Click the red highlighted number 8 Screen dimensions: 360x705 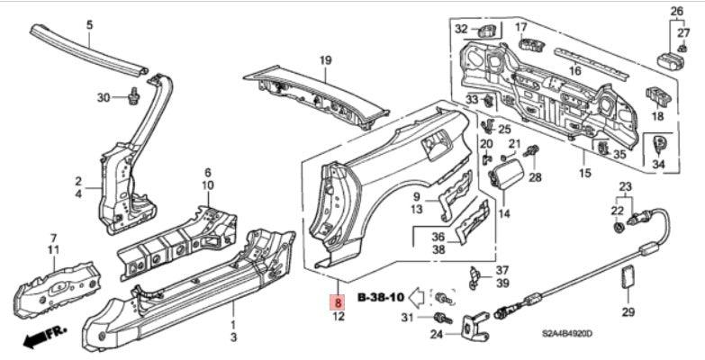337,302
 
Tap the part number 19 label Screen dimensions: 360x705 325,60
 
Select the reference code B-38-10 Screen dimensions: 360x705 381,296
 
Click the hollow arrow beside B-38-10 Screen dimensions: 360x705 417,296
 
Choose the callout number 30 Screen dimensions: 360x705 103,97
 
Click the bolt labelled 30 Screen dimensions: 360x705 133,94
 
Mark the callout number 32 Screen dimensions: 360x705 461,30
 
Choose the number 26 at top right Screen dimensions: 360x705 677,12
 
